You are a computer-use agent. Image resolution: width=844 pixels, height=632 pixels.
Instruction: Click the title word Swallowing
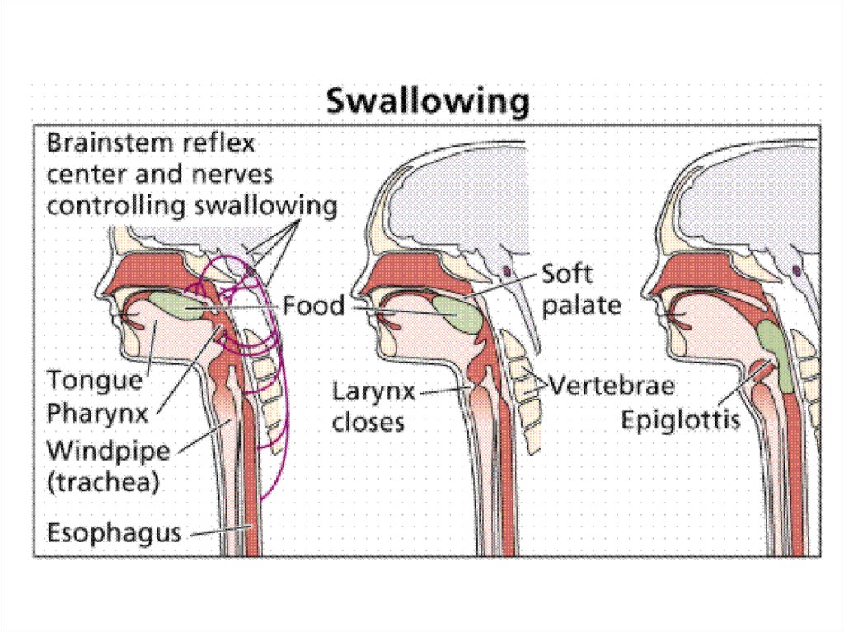point(427,102)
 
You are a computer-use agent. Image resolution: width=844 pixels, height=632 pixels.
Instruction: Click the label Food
point(313,307)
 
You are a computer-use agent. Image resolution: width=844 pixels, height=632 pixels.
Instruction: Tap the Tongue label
point(94,381)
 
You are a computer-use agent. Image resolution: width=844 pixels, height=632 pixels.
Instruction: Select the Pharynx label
point(98,413)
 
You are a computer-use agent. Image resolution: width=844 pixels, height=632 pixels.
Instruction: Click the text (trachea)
point(102,482)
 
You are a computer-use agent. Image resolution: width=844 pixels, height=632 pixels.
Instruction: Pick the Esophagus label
point(114,532)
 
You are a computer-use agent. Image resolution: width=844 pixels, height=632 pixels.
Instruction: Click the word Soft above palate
point(566,274)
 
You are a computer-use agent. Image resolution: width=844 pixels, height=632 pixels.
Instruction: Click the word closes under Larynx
point(368,423)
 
